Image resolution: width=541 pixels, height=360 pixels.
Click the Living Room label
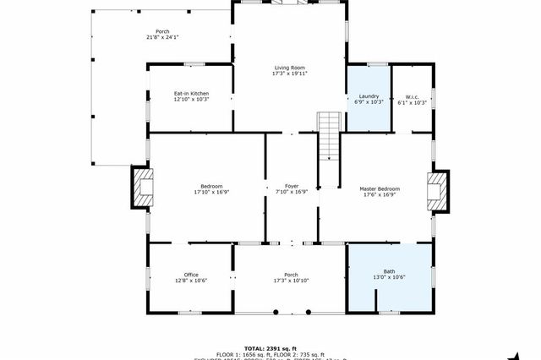[289, 68]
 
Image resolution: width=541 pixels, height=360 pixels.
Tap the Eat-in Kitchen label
[191, 93]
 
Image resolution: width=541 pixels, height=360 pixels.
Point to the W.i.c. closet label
[413, 95]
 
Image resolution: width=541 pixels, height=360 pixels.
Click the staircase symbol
[329, 135]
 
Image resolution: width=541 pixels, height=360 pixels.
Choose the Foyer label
[292, 186]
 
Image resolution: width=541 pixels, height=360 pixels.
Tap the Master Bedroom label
[380, 188]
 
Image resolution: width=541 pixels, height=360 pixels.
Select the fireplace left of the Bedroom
[141, 187]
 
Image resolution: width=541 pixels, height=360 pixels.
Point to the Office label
[191, 275]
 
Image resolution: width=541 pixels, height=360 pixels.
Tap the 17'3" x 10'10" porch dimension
[291, 281]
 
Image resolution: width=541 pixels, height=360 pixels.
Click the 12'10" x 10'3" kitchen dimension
[191, 99]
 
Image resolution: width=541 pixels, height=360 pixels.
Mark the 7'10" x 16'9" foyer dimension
[292, 192]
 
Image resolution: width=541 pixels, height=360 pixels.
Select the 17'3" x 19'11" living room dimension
[289, 74]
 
